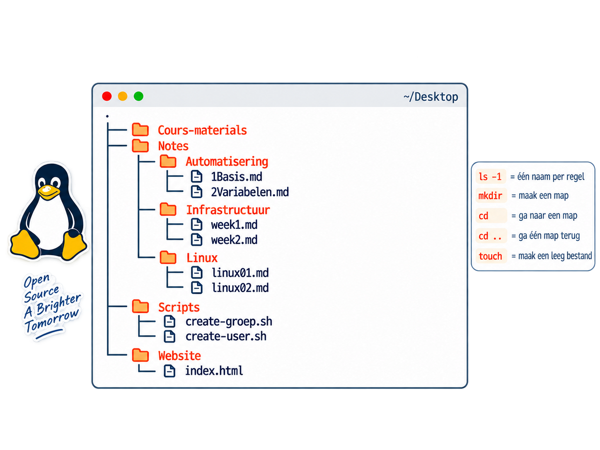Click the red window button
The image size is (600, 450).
[106, 96]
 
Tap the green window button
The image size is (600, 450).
[138, 96]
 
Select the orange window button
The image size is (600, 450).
[123, 96]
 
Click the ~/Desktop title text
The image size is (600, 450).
[431, 97]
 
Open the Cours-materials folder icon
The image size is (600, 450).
[140, 130]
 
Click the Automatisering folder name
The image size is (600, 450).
[227, 162]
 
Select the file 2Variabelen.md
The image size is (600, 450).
[249, 192]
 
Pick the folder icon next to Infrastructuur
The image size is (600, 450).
[168, 209]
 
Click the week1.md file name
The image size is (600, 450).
[234, 225]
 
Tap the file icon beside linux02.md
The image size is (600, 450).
[196, 288]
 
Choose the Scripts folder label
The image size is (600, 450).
[179, 307]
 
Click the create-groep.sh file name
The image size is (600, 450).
[229, 321]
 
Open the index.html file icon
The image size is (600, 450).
[169, 371]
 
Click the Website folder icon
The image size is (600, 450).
[140, 355]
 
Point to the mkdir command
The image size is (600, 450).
[490, 196]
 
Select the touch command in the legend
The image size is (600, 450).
[490, 256]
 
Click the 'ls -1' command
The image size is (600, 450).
[490, 177]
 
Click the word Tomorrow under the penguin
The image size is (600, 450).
[52, 320]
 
